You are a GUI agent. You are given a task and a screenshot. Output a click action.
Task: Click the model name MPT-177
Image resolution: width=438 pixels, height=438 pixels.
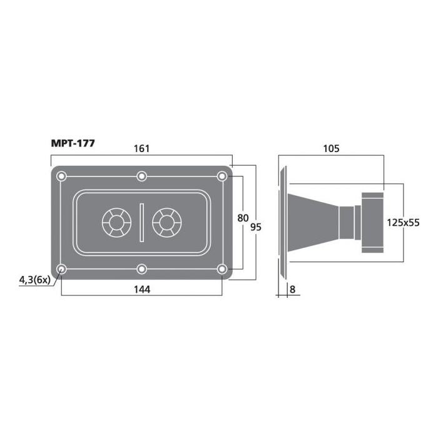click(73, 143)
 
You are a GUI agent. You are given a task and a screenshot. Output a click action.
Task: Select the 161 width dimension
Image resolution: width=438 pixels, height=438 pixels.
click(141, 149)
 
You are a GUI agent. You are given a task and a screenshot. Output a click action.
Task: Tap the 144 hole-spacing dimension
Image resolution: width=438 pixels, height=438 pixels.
click(142, 289)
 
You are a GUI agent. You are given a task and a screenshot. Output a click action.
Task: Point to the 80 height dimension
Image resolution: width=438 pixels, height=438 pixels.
click(243, 218)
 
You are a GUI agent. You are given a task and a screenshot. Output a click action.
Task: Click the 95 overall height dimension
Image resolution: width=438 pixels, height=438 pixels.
click(255, 227)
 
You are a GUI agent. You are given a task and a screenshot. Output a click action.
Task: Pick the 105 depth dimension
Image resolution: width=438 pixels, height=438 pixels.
click(331, 149)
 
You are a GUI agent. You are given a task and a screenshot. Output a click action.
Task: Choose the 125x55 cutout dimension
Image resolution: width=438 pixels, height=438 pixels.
click(403, 223)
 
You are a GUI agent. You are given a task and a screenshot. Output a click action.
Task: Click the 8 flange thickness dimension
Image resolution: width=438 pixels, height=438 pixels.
click(292, 289)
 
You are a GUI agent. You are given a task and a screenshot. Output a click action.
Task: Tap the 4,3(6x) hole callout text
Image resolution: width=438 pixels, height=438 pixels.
click(34, 280)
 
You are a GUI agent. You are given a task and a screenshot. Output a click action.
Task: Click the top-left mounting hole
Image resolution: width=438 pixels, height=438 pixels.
click(61, 176)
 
